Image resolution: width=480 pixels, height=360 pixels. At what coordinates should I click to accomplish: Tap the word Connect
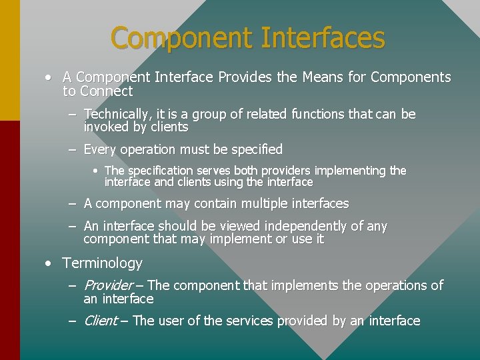coord(107,91)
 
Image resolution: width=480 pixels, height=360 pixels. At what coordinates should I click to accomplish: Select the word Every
coord(100,149)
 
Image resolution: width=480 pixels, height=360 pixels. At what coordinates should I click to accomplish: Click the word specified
coord(251,149)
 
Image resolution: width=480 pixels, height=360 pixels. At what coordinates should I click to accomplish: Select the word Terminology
coord(102,263)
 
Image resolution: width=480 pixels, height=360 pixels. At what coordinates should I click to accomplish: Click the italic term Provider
coord(108,285)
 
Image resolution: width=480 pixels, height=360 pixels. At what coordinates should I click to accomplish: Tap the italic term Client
coord(101,321)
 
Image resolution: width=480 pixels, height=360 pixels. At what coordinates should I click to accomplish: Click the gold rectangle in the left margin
coord(10,60)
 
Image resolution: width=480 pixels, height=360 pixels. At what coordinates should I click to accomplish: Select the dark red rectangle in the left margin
coord(10,240)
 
